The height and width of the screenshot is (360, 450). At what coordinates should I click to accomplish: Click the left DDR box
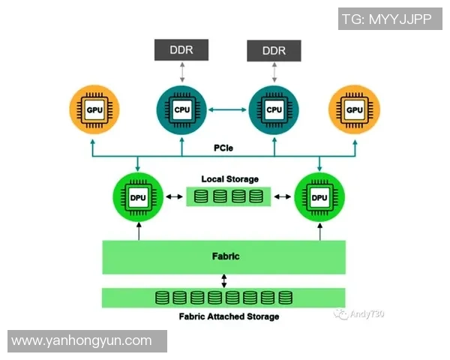tap(182, 50)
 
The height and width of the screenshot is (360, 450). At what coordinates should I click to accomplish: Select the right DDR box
tap(274, 50)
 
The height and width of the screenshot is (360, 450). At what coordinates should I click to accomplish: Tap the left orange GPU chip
tap(94, 110)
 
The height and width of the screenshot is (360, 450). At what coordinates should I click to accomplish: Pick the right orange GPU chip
tap(355, 110)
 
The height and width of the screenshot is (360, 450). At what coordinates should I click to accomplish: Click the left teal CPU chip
tap(182, 110)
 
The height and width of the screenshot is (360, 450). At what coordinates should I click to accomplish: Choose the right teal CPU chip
tap(274, 110)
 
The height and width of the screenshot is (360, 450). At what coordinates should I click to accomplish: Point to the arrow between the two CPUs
tap(228, 110)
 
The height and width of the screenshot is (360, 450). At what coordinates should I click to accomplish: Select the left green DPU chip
tap(138, 197)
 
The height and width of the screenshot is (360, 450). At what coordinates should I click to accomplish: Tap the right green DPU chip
tap(320, 197)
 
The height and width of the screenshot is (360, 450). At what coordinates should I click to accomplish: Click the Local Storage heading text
tap(229, 179)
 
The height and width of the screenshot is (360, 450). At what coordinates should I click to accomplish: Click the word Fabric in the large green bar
tap(225, 256)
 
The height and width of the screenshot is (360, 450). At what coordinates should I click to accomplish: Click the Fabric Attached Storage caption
tap(229, 316)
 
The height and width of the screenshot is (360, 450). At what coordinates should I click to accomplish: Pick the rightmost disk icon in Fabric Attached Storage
tap(286, 298)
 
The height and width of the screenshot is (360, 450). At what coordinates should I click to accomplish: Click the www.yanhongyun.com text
tap(82, 341)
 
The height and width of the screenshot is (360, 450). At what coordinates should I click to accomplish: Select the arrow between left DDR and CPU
tap(182, 72)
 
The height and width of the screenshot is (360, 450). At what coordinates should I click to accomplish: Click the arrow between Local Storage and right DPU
tap(283, 197)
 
